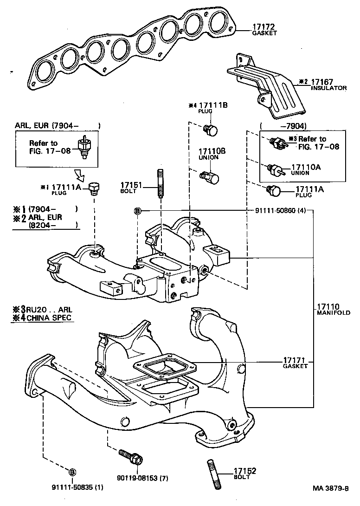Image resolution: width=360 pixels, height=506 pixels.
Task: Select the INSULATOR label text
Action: (328, 88)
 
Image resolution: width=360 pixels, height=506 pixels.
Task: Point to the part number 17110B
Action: (212, 151)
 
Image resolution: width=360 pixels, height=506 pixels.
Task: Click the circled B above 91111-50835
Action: (72, 472)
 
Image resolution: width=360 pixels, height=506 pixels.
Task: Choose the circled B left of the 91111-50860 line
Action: (137, 211)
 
